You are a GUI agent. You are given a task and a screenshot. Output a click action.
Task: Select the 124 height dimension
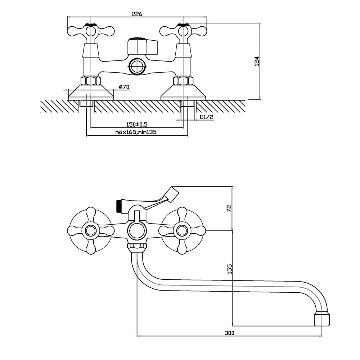tap(257, 62)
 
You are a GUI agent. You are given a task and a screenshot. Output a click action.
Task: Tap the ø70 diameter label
tap(124, 87)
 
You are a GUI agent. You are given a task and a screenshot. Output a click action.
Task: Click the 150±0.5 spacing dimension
tap(137, 125)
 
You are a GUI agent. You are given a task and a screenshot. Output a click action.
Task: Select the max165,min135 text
tap(137, 132)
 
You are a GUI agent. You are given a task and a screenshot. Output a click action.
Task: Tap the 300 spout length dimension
tap(229, 333)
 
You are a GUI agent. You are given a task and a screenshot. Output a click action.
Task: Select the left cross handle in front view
tap(89, 229)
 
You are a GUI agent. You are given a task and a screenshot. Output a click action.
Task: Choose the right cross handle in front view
tap(182, 229)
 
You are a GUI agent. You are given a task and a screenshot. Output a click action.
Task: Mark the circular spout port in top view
tap(136, 66)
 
